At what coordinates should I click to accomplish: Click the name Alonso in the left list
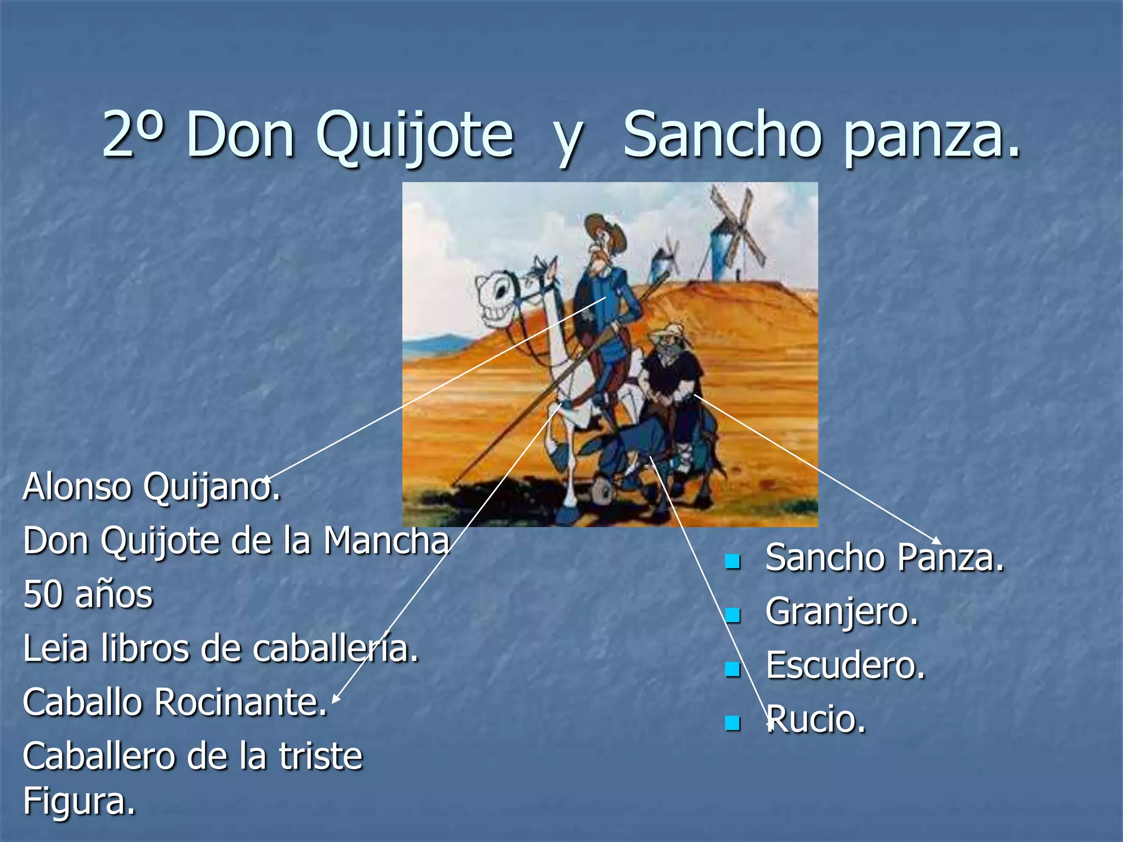pos(77,487)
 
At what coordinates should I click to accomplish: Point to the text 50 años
pos(88,595)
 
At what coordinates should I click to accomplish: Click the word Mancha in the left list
pos(387,541)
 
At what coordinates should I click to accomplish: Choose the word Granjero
pos(842,612)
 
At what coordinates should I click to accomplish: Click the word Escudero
pos(845,665)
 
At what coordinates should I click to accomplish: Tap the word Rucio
pos(816,719)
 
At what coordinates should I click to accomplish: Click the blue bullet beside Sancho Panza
pos(732,561)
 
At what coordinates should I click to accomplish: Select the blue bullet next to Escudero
pos(732,669)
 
